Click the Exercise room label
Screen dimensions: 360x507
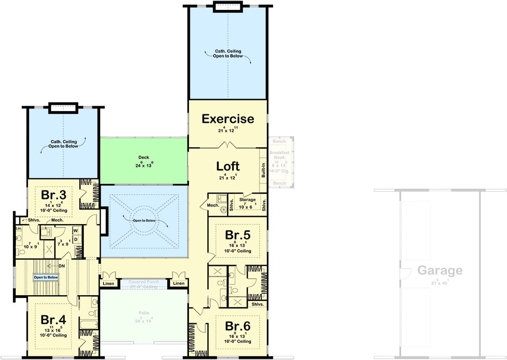(228, 119)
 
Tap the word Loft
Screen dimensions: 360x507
(228, 166)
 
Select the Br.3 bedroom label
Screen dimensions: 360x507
(54, 195)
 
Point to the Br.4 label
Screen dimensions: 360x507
(54, 319)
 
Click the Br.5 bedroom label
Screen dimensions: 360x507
(238, 235)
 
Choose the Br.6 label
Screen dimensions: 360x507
(238, 326)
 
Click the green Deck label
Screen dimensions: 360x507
(144, 157)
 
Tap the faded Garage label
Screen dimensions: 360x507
(440, 270)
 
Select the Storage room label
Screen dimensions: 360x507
(247, 200)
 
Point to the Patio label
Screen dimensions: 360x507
(144, 313)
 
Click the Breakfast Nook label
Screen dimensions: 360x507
(279, 155)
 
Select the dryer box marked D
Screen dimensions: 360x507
(76, 239)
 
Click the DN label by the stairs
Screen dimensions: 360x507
(62, 265)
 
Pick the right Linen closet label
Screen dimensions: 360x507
(179, 283)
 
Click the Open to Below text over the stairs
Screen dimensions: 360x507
(46, 278)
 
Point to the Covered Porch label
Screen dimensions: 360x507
(144, 282)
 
